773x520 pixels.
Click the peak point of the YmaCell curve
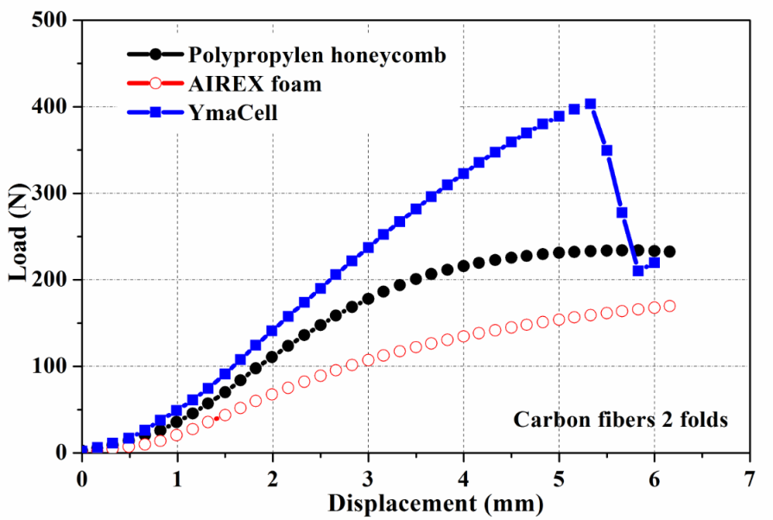pos(590,104)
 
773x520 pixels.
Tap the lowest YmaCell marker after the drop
pos(638,270)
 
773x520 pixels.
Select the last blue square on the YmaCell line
pos(654,263)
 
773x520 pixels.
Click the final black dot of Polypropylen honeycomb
pos(669,251)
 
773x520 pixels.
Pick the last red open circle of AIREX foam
pos(669,306)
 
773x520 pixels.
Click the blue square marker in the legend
pos(155,112)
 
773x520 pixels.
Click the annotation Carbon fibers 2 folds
pos(621,421)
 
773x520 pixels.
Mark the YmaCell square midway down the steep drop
pos(622,212)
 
